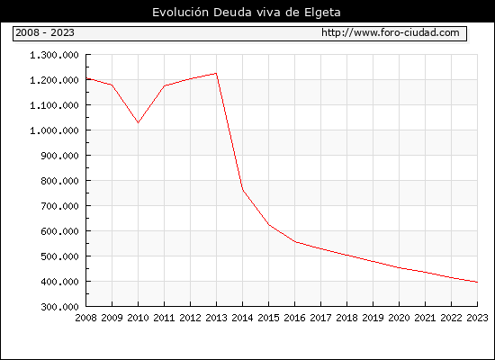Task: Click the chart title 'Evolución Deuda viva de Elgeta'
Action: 247,13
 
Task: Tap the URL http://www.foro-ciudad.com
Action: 391,32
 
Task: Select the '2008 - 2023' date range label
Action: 45,32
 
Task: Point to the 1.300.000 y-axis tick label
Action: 54,55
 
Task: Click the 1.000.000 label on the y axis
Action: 54,130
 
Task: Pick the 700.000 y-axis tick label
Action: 59,206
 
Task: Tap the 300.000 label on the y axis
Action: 59,307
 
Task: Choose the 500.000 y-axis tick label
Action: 59,256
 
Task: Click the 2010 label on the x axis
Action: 138,318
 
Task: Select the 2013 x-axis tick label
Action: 216,318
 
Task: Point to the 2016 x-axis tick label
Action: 294,318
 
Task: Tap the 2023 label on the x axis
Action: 477,318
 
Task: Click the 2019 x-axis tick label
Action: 373,318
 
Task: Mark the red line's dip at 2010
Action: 138,122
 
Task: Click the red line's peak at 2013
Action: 216,73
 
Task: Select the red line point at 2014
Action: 242,190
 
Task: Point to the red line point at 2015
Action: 269,224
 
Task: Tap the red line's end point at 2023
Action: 477,282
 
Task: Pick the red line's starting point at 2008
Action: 86,78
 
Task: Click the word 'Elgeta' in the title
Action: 322,13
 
